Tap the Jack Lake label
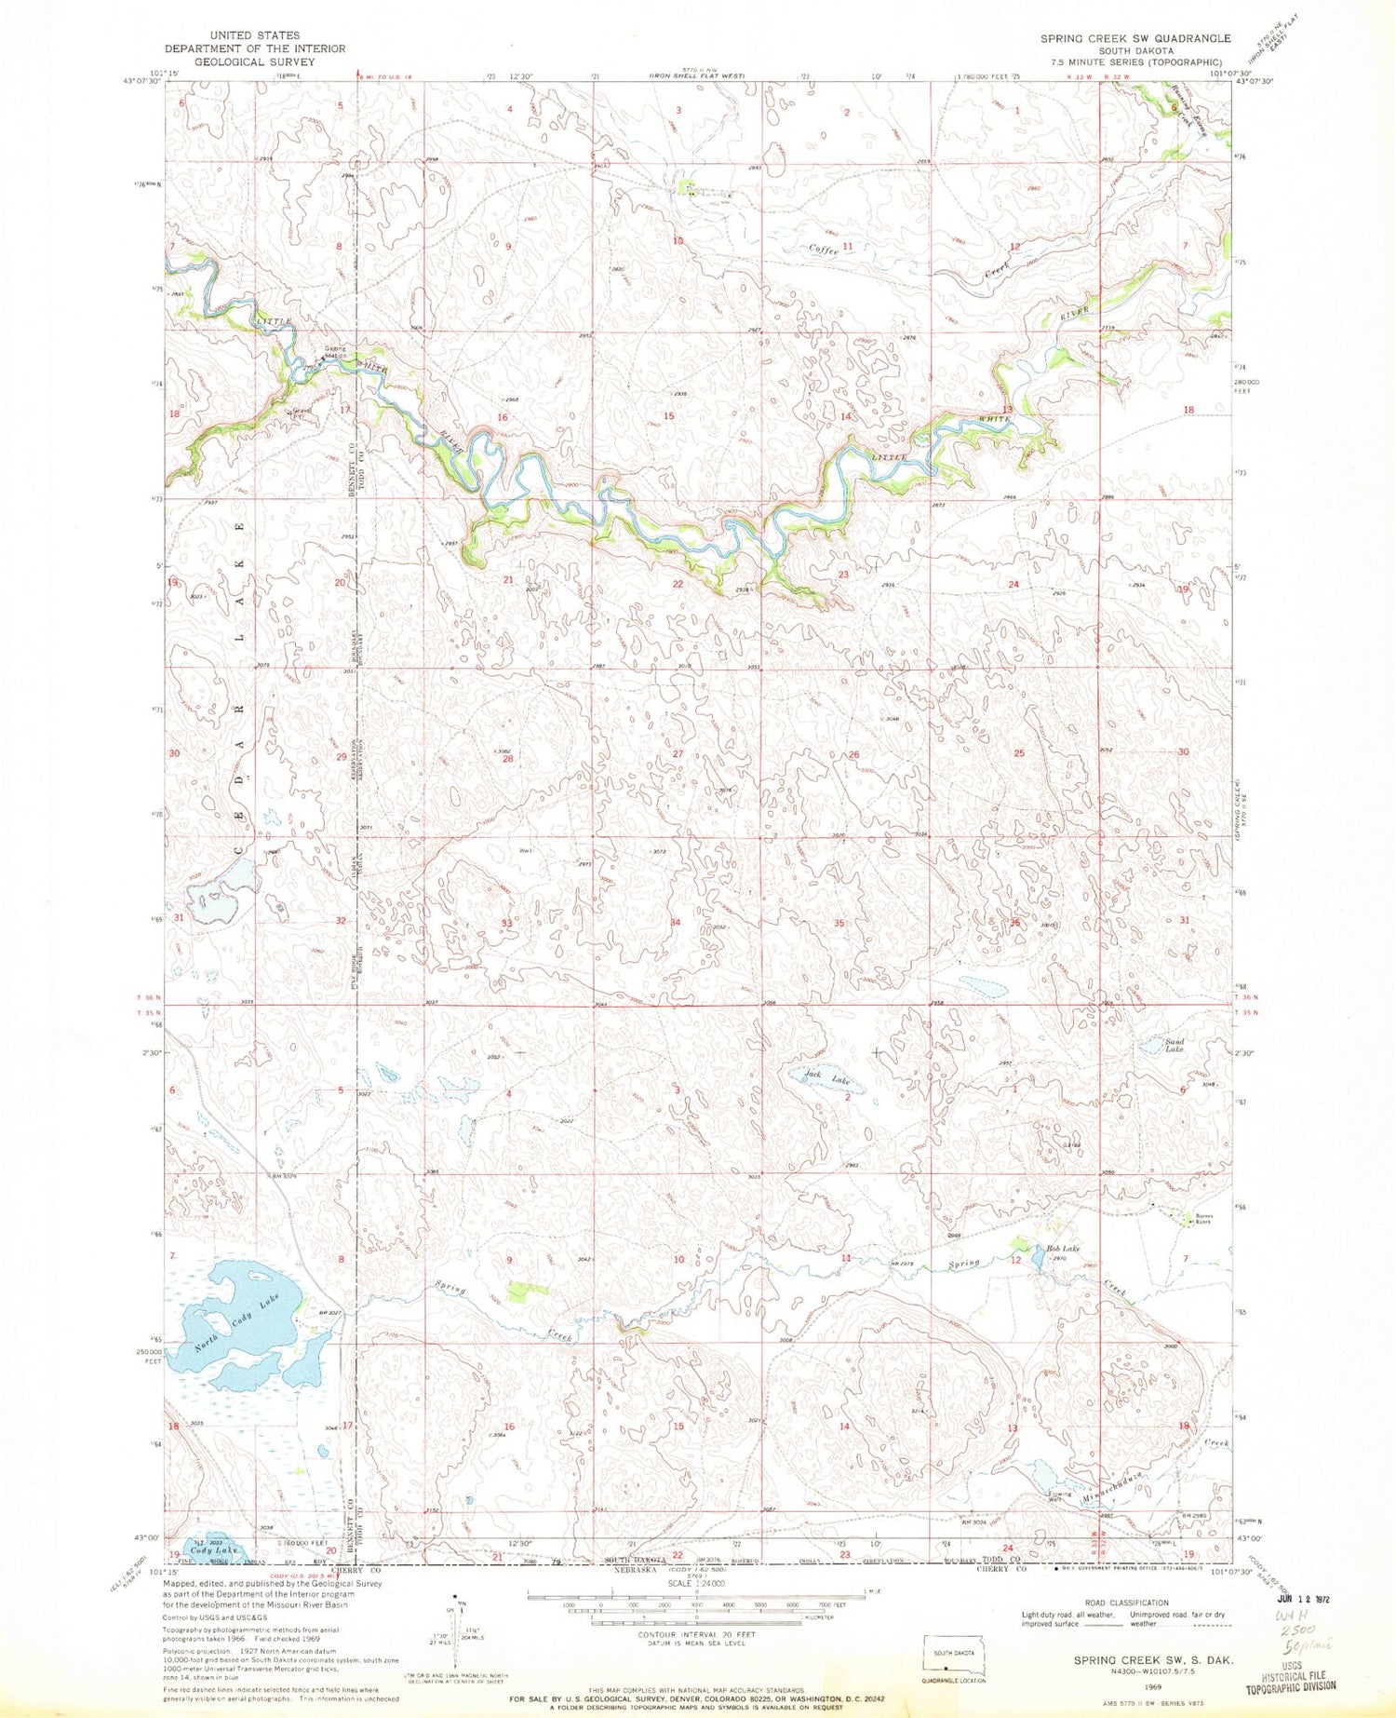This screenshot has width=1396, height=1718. [x=827, y=1078]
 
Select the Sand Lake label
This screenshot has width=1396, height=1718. [x=1175, y=1045]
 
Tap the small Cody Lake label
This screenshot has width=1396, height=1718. [x=215, y=1549]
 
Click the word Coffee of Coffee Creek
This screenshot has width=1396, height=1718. [x=824, y=250]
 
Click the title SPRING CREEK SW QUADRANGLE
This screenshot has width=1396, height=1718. [x=1134, y=38]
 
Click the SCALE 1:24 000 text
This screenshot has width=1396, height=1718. [x=696, y=1584]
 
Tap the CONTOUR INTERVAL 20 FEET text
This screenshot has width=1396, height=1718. [x=696, y=1634]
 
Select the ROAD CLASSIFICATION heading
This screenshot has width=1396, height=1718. [x=1132, y=1603]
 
